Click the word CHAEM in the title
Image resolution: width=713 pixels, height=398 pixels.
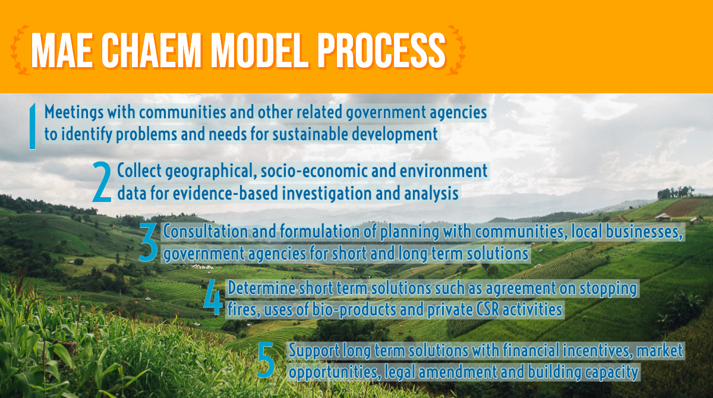151,50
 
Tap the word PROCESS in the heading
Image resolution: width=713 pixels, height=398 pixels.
381,50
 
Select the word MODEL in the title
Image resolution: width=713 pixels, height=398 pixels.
260,50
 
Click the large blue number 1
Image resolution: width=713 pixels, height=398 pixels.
32,126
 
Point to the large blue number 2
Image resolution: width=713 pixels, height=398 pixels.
102,182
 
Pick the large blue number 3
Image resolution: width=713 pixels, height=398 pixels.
149,242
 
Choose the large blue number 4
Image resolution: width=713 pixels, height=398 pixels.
213,297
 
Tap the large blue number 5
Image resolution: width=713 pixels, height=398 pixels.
266,360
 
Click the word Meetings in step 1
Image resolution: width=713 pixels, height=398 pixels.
74,113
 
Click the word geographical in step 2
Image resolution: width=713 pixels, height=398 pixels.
211,172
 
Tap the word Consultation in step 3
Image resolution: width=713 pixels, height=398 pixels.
206,231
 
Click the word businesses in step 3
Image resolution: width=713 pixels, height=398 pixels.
644,232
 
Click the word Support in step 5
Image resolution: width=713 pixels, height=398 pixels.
314,351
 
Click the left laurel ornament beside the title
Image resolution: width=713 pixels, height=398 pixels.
20,50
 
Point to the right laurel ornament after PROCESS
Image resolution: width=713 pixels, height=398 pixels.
456,50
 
